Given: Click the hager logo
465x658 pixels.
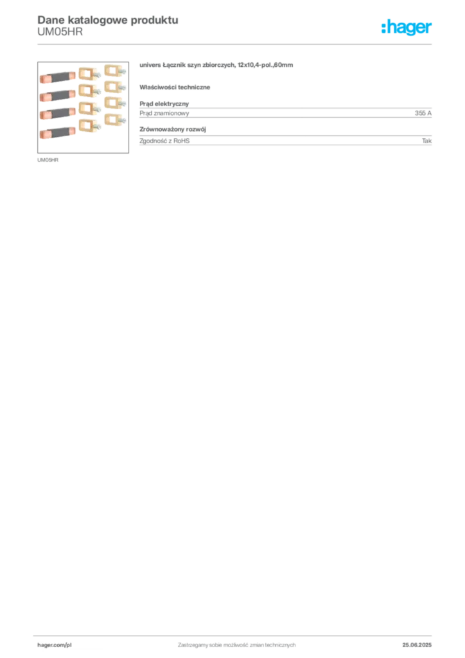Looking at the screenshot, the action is [407, 28].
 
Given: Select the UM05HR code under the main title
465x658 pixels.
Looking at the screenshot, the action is [60, 32].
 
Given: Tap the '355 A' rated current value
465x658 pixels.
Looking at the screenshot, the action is [423, 113].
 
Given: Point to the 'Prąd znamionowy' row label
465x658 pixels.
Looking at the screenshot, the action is [164, 113].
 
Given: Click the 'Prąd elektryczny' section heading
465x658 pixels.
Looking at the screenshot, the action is [164, 103].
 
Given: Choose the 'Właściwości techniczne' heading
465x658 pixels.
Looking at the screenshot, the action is [175, 87].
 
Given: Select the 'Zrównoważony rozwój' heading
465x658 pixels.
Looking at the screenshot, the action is [173, 129].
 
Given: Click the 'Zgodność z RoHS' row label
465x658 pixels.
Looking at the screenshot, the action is [164, 141].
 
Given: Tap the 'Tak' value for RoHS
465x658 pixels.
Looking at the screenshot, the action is [427, 141].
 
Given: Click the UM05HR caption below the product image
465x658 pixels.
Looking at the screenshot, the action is [48, 160].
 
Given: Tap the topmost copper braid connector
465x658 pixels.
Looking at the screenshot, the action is [57, 77].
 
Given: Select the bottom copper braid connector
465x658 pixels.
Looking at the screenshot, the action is [57, 132].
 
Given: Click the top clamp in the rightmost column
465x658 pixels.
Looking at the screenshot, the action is [114, 70].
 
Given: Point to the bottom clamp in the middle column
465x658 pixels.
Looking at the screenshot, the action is [89, 125].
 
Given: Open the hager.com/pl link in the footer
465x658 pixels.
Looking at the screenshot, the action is [55, 645].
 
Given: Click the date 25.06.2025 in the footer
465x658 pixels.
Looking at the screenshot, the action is [417, 645].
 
